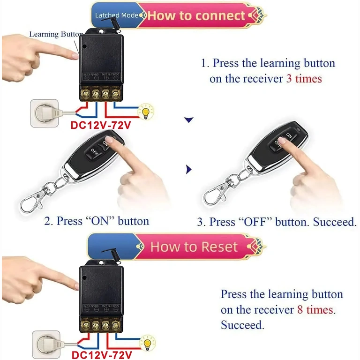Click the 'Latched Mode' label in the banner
[x=116, y=15]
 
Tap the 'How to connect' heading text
[x=196, y=15]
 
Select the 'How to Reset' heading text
[x=194, y=247]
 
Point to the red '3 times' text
[x=304, y=78]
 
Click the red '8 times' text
[x=315, y=310]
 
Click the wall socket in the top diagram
[x=45, y=113]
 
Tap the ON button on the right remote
[x=288, y=136]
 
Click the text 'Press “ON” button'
[x=97, y=221]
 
